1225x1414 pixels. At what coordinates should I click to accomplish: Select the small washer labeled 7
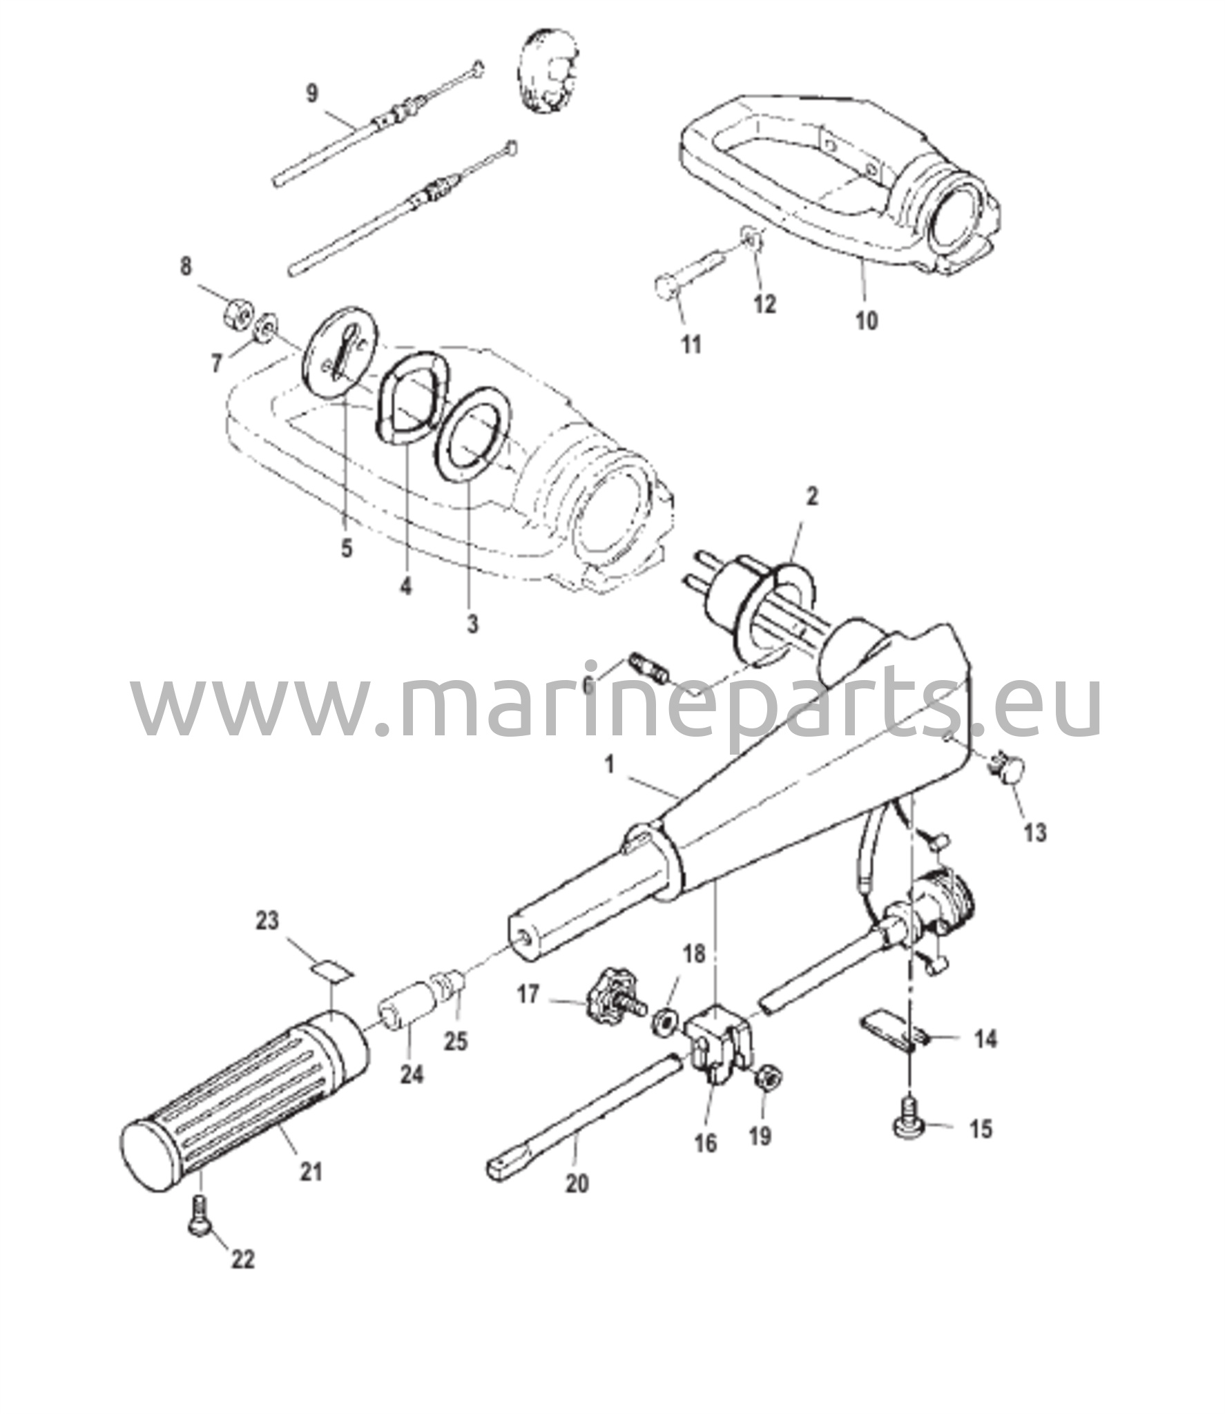[265, 329]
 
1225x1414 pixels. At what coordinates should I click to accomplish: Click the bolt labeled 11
[687, 276]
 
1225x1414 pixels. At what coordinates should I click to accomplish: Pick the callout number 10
[867, 320]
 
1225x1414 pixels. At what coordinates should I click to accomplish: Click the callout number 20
[577, 1183]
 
